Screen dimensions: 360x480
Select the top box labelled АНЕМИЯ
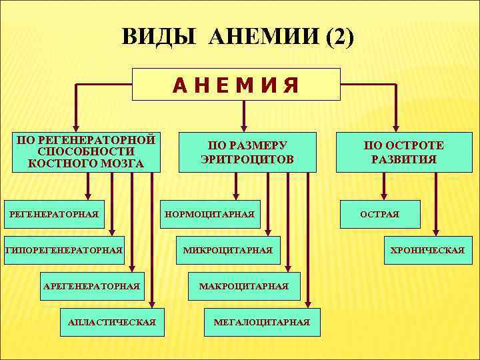pos(236,85)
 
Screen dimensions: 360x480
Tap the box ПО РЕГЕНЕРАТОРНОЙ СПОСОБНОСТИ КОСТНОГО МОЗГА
pos(86,152)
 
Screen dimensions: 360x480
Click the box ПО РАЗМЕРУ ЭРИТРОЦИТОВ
pos(247,153)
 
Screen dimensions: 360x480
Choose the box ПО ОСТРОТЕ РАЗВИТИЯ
pos(403,153)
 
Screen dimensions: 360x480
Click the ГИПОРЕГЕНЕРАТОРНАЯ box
pos(64,250)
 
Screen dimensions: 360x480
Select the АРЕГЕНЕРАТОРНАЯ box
pos(91,286)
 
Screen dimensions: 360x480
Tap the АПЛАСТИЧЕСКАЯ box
pos(111,322)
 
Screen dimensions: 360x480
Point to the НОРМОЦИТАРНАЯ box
pos(209,214)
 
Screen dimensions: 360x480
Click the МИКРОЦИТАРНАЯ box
pos(228,250)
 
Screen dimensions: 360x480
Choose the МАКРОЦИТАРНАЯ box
pos(244,286)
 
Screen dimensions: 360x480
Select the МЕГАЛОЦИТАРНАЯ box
pos(262,322)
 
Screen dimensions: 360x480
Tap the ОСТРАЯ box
pos(380,214)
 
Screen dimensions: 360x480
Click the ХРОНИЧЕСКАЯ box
pos(427,250)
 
